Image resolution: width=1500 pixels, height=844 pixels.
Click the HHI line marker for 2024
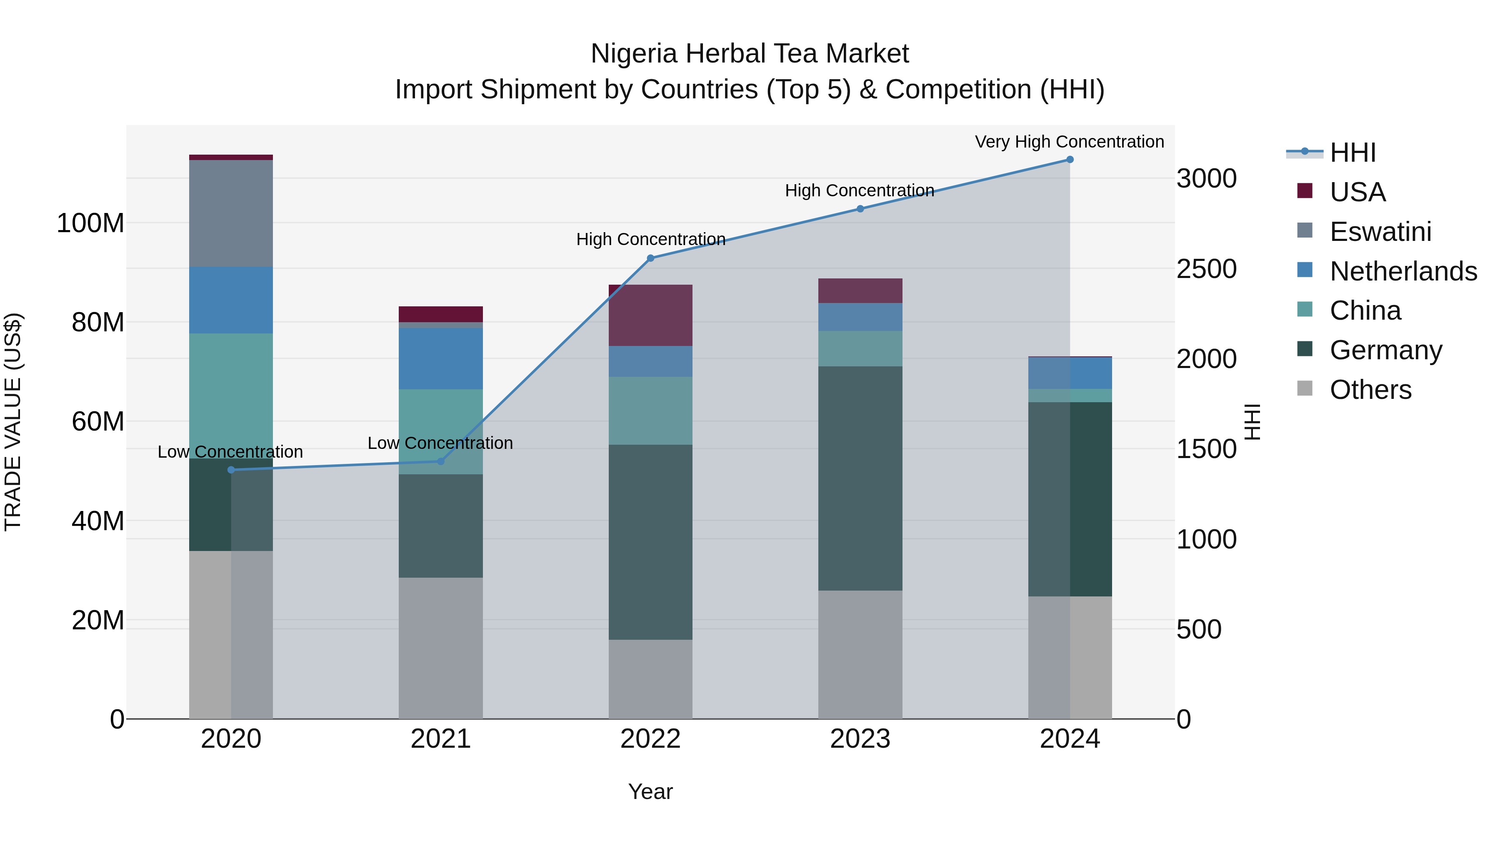(x=1070, y=160)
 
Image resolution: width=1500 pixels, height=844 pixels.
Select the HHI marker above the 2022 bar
(x=650, y=258)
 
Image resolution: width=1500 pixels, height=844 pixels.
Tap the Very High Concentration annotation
(x=1069, y=142)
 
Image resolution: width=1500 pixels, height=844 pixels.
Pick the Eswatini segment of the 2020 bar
(x=231, y=213)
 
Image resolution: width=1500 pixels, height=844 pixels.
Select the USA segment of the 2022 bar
(x=650, y=315)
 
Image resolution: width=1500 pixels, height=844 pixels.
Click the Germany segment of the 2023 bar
(x=860, y=478)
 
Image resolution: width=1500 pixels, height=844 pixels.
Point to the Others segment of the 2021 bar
(x=441, y=648)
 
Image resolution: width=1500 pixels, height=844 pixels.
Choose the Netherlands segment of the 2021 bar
(x=441, y=358)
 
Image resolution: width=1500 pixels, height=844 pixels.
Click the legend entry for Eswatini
(x=1380, y=232)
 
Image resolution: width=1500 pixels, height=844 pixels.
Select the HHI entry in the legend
(x=1352, y=153)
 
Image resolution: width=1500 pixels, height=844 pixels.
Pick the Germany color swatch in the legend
(x=1305, y=349)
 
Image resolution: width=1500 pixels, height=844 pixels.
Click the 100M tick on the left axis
(x=90, y=223)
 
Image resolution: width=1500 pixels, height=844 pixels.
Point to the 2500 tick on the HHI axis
(x=1206, y=269)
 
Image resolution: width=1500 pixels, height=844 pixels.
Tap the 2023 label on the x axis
(x=860, y=739)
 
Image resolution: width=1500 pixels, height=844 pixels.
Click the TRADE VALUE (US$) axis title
(x=13, y=422)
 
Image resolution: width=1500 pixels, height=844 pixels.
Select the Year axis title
(x=650, y=791)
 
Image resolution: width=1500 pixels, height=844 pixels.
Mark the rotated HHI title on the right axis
(x=1252, y=422)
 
